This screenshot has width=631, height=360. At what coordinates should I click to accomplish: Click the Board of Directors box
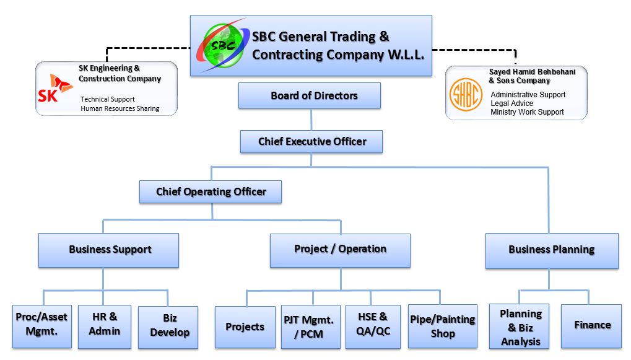pos(310,96)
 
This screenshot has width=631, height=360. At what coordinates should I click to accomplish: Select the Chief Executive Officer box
pos(311,142)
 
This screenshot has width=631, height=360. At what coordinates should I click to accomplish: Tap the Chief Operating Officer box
pos(211,192)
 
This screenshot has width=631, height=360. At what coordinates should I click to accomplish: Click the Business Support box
pos(109,250)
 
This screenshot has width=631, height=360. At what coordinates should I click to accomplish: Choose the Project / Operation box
pos(340,250)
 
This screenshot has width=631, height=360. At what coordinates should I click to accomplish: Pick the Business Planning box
pos(551,250)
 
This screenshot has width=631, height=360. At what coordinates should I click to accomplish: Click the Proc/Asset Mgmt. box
pos(41,325)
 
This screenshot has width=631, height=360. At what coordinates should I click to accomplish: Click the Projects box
pos(245,327)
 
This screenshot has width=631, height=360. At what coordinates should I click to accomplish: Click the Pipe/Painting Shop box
pos(442,326)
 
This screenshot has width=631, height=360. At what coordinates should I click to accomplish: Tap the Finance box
pos(591,325)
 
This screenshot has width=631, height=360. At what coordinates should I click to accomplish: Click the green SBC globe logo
pos(222,45)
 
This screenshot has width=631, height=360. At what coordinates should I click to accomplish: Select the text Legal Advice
pos(511,103)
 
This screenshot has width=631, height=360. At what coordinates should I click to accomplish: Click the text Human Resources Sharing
pos(120,108)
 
